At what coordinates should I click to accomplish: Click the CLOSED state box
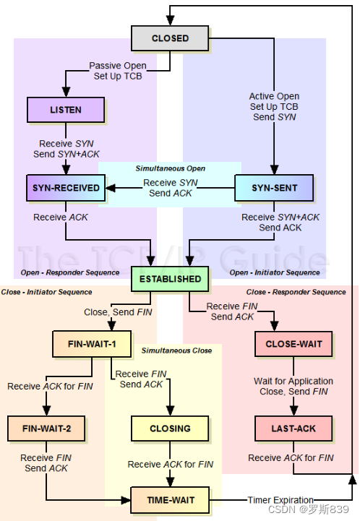(170, 38)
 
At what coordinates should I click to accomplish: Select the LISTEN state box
(66, 110)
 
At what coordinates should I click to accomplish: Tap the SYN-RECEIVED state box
(66, 188)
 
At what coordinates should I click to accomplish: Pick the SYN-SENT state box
(274, 188)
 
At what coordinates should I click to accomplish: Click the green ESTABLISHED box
(170, 279)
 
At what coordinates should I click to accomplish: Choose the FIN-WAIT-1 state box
(92, 344)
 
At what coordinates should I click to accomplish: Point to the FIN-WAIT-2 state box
(46, 429)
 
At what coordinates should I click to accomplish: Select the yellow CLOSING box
(170, 429)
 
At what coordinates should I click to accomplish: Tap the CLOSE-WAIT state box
(293, 344)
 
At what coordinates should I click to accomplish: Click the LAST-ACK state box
(293, 429)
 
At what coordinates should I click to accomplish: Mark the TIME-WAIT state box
(170, 500)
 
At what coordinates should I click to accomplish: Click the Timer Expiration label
(280, 500)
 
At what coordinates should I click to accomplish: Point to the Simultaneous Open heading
(170, 168)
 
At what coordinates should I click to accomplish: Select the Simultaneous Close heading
(176, 350)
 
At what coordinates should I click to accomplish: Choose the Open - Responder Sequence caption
(70, 272)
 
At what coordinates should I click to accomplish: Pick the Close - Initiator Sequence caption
(46, 292)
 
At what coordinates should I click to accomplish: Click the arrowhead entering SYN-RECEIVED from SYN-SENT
(111, 188)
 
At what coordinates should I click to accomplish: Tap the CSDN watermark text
(308, 509)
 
